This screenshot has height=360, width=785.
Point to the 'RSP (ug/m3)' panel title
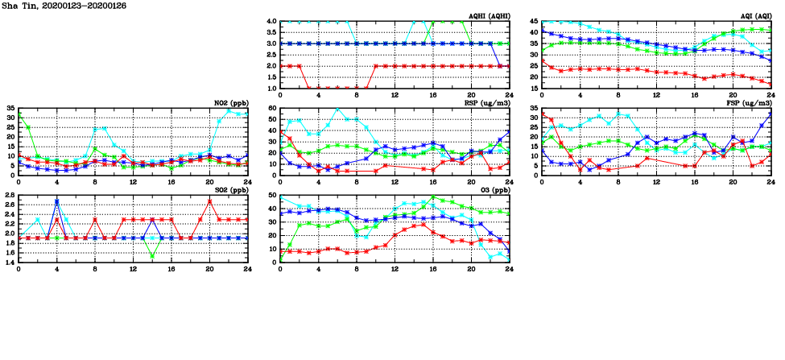point(485,103)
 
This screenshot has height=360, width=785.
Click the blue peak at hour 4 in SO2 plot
point(57,201)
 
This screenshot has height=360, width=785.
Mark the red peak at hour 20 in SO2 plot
point(209,201)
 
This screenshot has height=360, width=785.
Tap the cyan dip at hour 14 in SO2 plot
point(152,256)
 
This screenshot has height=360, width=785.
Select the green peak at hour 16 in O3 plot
point(432,197)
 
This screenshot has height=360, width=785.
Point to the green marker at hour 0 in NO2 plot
point(19,116)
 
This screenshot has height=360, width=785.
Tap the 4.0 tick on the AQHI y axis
point(272,21)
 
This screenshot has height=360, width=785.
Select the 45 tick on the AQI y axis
point(534,21)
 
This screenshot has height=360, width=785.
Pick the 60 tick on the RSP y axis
point(273,108)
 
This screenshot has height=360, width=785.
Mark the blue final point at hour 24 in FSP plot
point(771,113)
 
